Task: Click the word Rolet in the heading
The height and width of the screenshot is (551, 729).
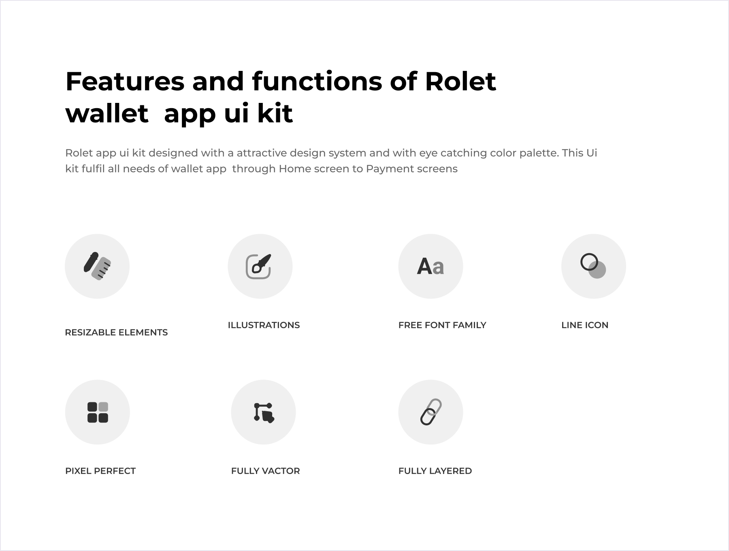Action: point(460,81)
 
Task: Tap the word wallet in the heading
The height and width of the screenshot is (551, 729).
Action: point(107,113)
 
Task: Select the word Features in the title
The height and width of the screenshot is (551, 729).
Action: point(125,81)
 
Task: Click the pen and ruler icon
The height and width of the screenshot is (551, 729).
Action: point(97,266)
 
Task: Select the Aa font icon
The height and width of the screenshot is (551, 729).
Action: point(431,267)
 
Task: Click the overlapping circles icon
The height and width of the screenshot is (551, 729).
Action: point(593,266)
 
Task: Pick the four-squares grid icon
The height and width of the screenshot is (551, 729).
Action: point(98,412)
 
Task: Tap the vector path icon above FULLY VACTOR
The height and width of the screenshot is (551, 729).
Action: point(264,412)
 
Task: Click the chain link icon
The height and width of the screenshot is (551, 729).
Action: point(431,412)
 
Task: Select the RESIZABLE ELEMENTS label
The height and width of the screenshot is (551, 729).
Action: point(116,332)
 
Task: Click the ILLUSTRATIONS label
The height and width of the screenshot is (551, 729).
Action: point(264,325)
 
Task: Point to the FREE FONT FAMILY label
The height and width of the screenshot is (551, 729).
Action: point(442,325)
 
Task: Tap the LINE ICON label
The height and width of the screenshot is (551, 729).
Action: point(585,325)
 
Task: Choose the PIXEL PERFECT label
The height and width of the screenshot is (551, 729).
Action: point(100,471)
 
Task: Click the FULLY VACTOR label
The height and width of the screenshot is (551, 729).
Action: point(266,471)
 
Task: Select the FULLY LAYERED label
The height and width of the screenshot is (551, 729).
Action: point(435,471)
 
